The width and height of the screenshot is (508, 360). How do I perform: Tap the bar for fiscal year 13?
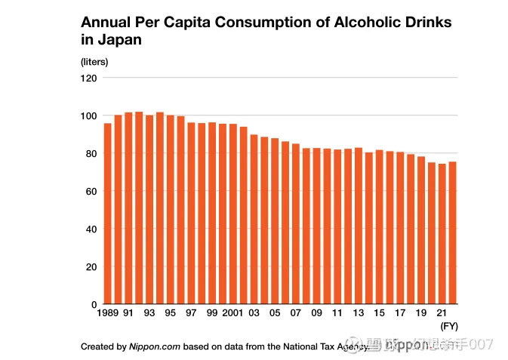359,226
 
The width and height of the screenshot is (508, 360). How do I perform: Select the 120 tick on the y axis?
89,78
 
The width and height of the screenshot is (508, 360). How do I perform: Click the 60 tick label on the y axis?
92,191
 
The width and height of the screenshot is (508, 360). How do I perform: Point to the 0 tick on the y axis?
95,304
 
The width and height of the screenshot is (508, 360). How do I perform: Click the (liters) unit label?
94,62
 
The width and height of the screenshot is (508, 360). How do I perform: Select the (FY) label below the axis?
449,326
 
